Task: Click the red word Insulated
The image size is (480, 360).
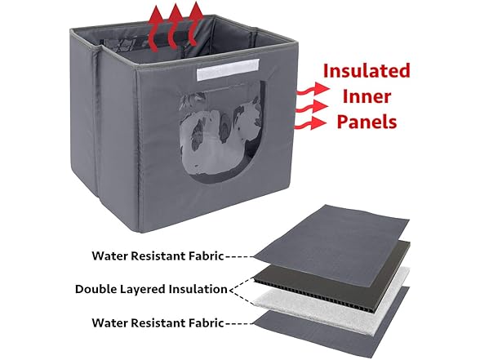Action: (367, 71)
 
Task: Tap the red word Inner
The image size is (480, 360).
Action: (367, 96)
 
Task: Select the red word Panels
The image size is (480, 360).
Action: (367, 122)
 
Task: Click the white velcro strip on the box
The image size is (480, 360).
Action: (228, 71)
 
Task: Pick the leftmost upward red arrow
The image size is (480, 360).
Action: (156, 29)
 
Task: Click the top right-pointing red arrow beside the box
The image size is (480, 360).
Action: (312, 90)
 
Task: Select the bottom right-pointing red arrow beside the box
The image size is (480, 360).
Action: (310, 123)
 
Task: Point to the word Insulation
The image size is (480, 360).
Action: (200, 289)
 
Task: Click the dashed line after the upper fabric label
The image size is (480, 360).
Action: (239, 256)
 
